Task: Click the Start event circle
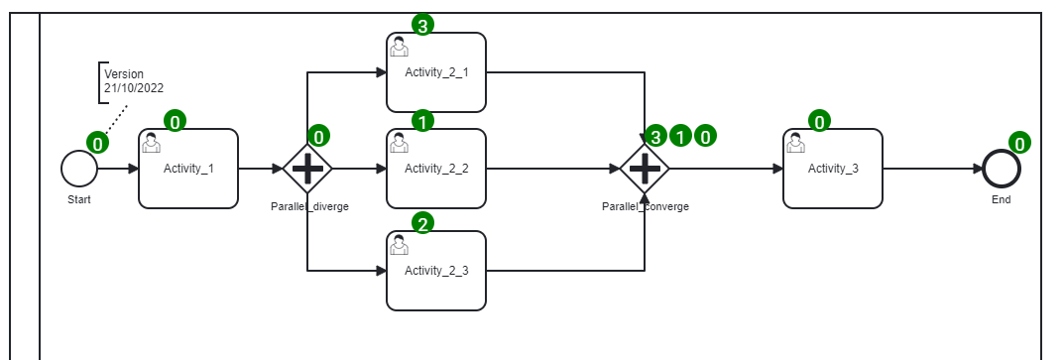point(79,169)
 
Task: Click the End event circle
point(1002,169)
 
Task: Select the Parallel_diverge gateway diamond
point(307,169)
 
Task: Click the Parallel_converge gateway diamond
point(645,169)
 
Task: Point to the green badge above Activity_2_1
point(422,26)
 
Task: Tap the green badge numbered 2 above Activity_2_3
point(422,224)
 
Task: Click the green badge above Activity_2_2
point(422,122)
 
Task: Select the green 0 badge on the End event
point(1020,143)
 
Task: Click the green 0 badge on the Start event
point(97,144)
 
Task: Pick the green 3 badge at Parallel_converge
point(656,137)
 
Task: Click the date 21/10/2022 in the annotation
point(134,88)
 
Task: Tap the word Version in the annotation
point(124,74)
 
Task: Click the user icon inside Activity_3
point(795,144)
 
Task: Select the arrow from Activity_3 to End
point(932,169)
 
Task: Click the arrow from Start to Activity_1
point(118,169)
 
